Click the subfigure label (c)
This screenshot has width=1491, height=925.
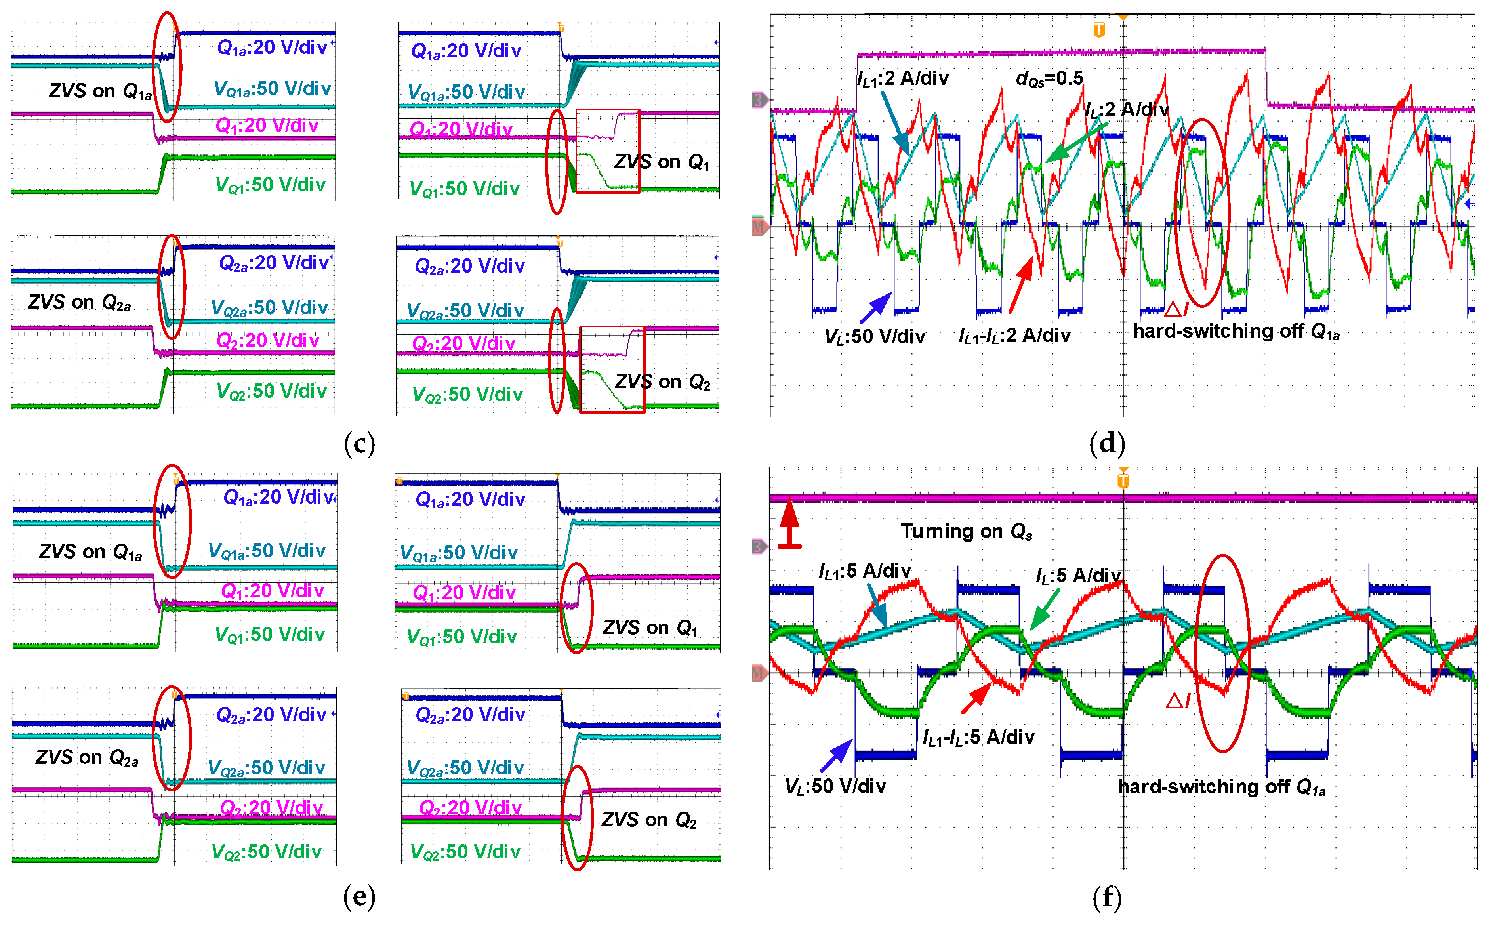click(359, 443)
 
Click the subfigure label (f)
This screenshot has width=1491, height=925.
click(1106, 898)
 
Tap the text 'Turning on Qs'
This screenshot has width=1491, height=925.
click(966, 531)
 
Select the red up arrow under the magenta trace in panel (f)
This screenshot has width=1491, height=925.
click(789, 523)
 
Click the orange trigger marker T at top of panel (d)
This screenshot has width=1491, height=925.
click(1098, 29)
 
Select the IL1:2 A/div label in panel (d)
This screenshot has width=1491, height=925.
click(902, 78)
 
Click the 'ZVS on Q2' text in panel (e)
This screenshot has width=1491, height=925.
click(648, 819)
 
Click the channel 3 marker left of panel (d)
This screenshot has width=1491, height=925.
click(758, 100)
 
